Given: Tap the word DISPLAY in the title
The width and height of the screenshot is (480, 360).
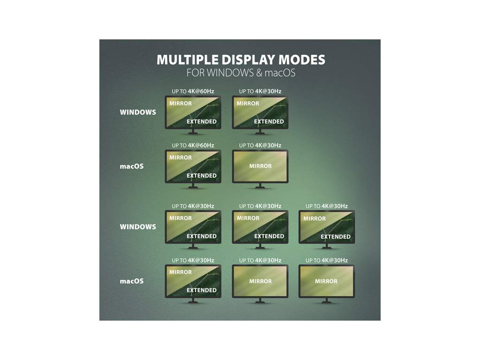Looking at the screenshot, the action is click(x=239, y=60).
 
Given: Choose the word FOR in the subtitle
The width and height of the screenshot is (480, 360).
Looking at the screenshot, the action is click(x=195, y=74).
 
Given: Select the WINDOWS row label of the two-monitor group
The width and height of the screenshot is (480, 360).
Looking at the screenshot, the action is click(x=138, y=112).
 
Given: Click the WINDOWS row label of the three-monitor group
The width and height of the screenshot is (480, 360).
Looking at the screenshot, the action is click(x=138, y=227).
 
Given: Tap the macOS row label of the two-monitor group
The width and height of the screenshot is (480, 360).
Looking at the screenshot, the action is click(x=132, y=166).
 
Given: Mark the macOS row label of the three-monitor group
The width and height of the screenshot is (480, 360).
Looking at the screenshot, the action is click(x=132, y=281).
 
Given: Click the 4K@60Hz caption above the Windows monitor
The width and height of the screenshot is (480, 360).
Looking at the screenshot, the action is click(x=201, y=91).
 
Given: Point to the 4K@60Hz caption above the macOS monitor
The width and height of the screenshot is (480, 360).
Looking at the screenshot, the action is click(x=201, y=146).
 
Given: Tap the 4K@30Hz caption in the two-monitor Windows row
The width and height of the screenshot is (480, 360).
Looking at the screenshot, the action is click(x=268, y=91).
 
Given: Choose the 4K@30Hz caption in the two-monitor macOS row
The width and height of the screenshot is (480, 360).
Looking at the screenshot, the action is click(x=268, y=146).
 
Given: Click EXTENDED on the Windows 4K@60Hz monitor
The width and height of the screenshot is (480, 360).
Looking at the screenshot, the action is click(x=202, y=121).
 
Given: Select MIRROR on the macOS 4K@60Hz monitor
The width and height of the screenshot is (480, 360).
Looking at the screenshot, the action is click(x=180, y=157).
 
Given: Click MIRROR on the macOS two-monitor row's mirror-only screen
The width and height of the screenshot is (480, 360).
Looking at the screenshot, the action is click(x=260, y=166).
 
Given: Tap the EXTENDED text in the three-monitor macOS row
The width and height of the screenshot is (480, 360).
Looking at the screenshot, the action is click(x=202, y=290).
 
